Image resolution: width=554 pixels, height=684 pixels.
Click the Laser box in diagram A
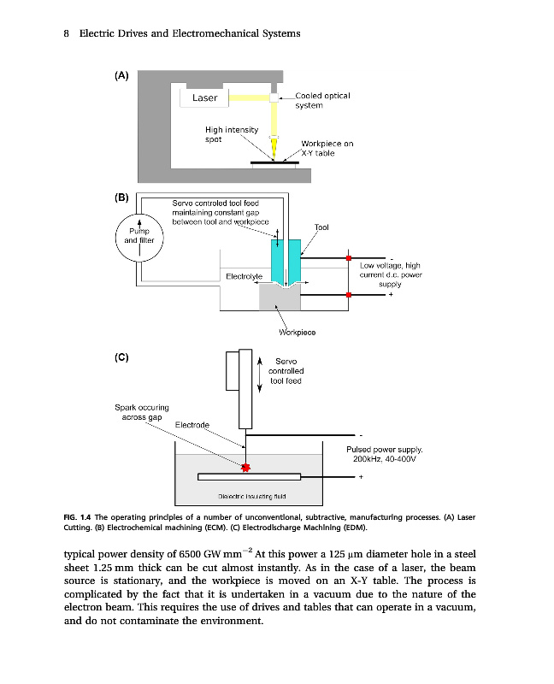(x=205, y=98)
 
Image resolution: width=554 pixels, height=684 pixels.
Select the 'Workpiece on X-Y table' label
(x=327, y=149)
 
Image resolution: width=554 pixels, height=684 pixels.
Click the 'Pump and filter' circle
(x=139, y=236)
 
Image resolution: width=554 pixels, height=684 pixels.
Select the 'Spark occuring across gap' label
(x=141, y=412)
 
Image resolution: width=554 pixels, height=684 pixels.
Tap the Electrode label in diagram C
(x=192, y=425)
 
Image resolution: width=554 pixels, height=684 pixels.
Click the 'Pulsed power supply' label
(x=384, y=454)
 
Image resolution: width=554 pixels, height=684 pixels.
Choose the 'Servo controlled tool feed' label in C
(x=286, y=371)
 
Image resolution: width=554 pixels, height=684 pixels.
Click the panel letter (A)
(x=121, y=75)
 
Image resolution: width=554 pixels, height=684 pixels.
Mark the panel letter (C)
(x=121, y=356)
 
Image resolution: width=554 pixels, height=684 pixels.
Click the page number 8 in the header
(x=67, y=33)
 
